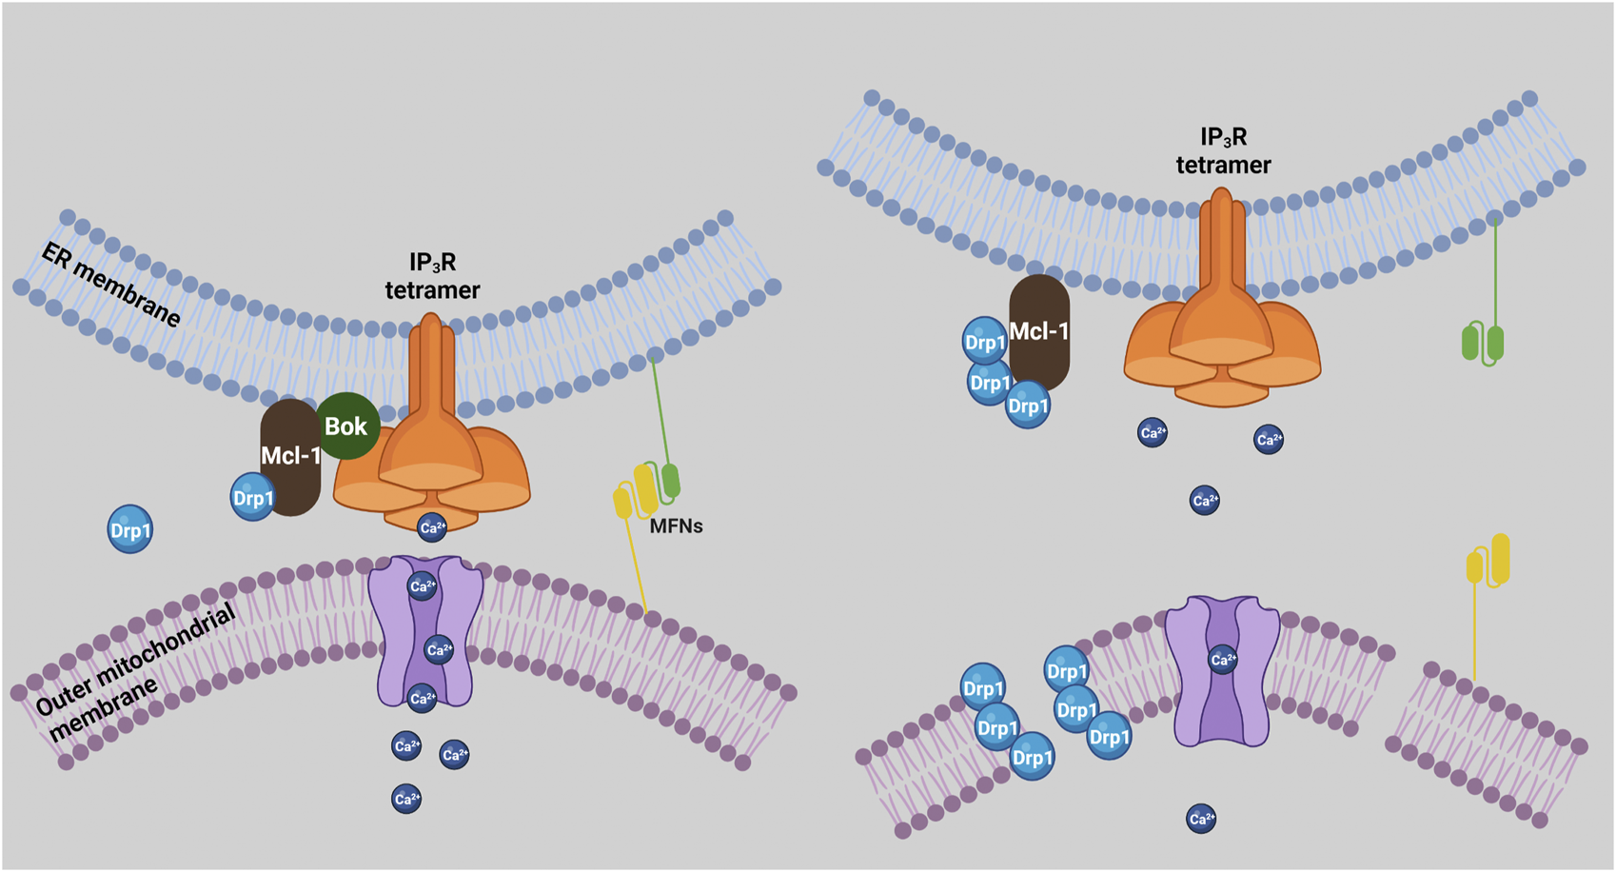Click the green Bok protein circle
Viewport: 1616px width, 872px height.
pyautogui.click(x=345, y=426)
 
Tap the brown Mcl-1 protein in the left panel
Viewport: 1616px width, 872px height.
pyautogui.click(x=289, y=457)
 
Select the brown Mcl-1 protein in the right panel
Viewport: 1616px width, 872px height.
pyautogui.click(x=1039, y=332)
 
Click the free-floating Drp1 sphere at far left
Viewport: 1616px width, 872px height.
pyautogui.click(x=130, y=530)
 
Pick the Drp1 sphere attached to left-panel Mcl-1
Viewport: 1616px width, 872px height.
pyautogui.click(x=253, y=499)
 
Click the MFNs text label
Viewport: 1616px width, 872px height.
pyautogui.click(x=676, y=525)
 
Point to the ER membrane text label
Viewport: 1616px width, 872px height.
pyautogui.click(x=110, y=284)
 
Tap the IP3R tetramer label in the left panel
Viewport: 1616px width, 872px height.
pyautogui.click(x=432, y=276)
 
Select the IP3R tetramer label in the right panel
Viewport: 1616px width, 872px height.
pyautogui.click(x=1223, y=151)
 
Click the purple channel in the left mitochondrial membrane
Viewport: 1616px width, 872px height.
pyautogui.click(x=424, y=633)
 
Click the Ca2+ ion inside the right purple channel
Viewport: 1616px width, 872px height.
pyautogui.click(x=1223, y=659)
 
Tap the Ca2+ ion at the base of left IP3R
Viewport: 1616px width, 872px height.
pyautogui.click(x=432, y=526)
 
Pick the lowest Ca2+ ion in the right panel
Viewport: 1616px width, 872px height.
pyautogui.click(x=1201, y=818)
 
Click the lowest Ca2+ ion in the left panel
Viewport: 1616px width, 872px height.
pyautogui.click(x=406, y=799)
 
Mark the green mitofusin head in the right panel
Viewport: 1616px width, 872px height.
pyautogui.click(x=1483, y=344)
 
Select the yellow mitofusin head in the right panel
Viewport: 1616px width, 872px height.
pyautogui.click(x=1489, y=562)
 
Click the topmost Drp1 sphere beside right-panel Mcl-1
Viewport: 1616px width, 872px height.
pyautogui.click(x=985, y=342)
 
